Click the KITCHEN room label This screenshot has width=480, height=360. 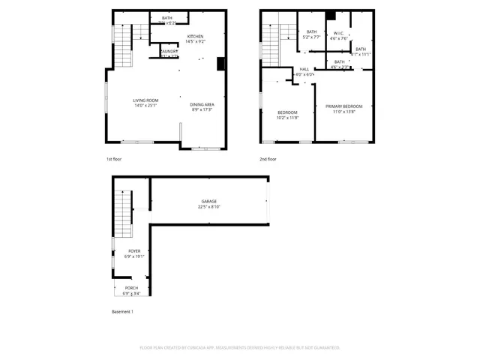[x=195, y=37]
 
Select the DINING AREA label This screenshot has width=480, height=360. [x=202, y=104]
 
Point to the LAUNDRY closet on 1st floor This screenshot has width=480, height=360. [x=169, y=52]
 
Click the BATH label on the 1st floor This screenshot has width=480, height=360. [x=167, y=17]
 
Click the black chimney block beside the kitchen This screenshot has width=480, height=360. [x=220, y=64]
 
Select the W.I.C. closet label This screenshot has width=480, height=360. [x=339, y=33]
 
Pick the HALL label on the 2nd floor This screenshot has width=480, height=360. [x=304, y=69]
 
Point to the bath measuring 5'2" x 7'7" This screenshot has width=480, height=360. [x=311, y=34]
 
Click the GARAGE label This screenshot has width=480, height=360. [x=208, y=201]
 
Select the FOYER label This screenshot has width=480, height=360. [x=134, y=251]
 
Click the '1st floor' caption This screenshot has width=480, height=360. [x=114, y=159]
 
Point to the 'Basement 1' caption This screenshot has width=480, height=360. [x=122, y=311]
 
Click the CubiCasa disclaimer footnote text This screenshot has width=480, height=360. [x=240, y=348]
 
